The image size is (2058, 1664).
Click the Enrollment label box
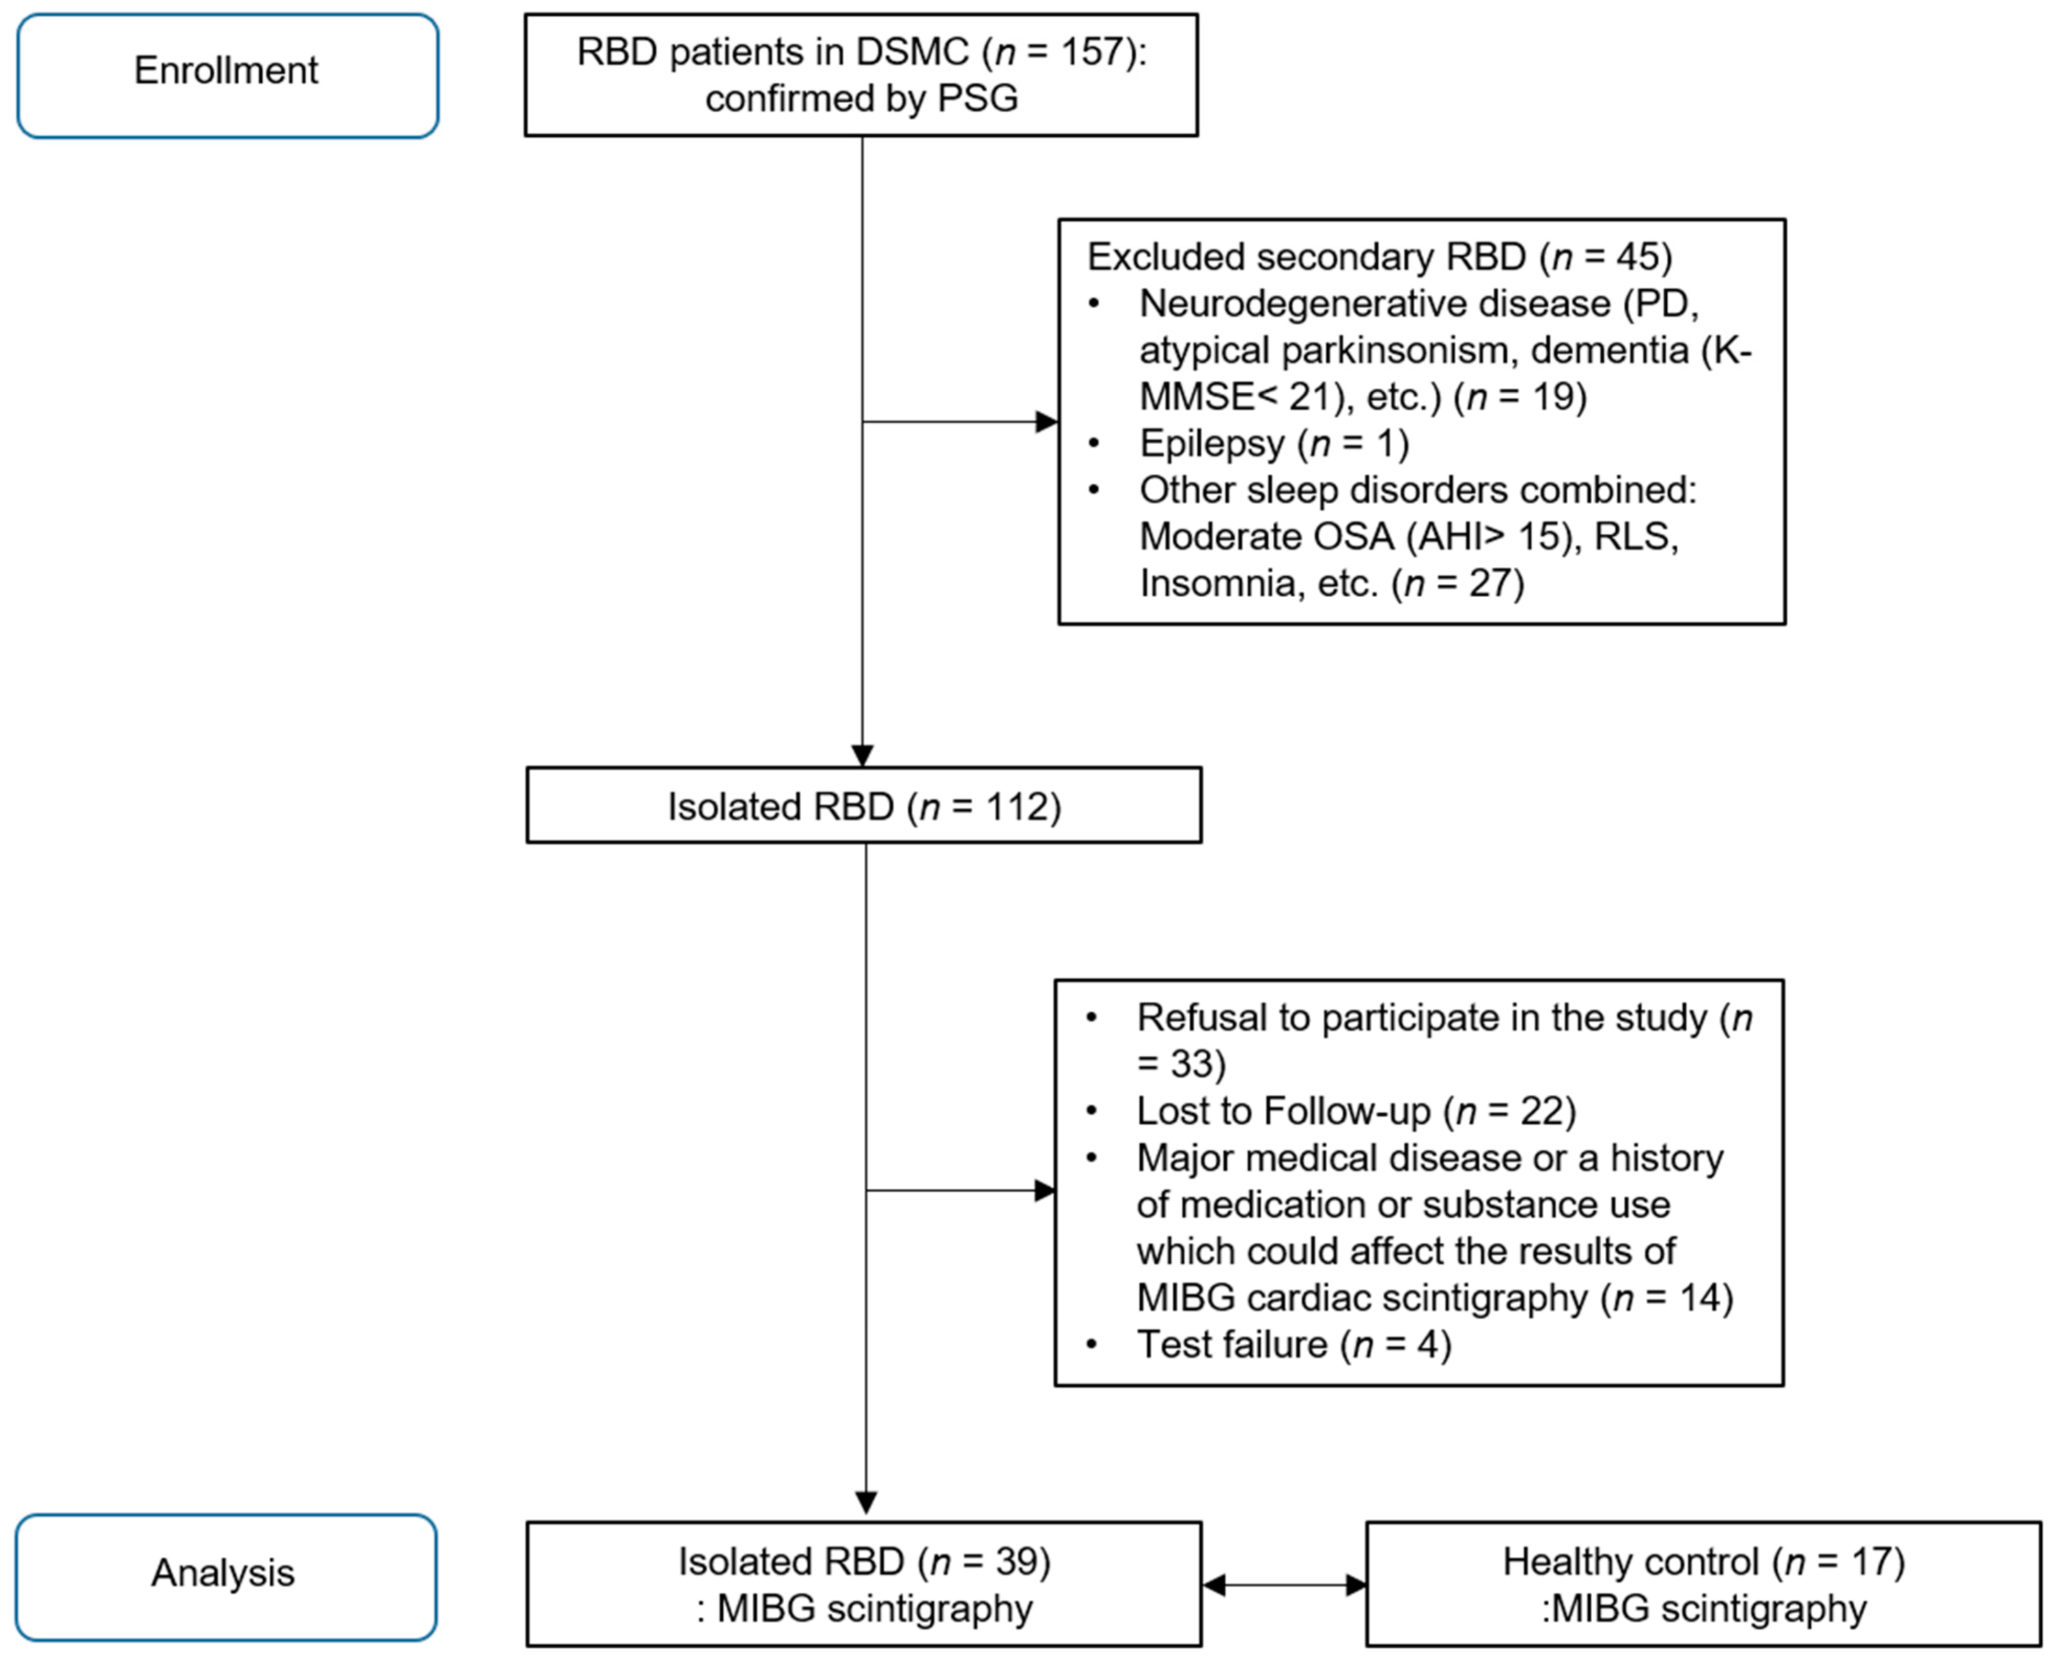click(x=227, y=75)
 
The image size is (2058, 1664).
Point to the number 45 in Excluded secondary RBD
click(x=1636, y=257)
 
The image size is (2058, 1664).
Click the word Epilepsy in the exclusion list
click(x=1211, y=443)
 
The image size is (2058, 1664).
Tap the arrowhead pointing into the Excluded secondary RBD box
click(x=1046, y=422)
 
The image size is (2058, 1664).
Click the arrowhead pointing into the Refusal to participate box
click(x=1044, y=1190)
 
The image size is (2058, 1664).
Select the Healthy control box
click(x=1702, y=1584)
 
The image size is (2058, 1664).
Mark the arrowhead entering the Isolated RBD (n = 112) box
click(x=862, y=756)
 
